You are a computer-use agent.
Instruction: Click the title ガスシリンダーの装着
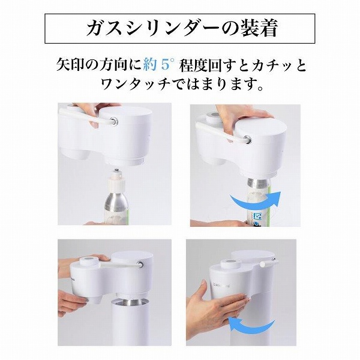182,28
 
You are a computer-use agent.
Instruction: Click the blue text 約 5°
158,65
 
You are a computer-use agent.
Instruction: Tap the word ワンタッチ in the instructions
136,84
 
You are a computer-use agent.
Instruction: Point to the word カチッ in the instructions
272,65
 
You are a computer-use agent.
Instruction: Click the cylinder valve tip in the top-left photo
117,170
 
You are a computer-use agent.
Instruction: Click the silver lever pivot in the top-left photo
113,121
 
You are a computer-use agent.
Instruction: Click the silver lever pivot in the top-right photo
247,140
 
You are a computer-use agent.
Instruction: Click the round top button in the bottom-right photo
230,262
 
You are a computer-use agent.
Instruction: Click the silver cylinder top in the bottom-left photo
130,301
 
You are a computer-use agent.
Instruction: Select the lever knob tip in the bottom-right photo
263,265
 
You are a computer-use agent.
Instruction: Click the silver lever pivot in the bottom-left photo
139,264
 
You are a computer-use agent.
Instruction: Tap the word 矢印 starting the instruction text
70,65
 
